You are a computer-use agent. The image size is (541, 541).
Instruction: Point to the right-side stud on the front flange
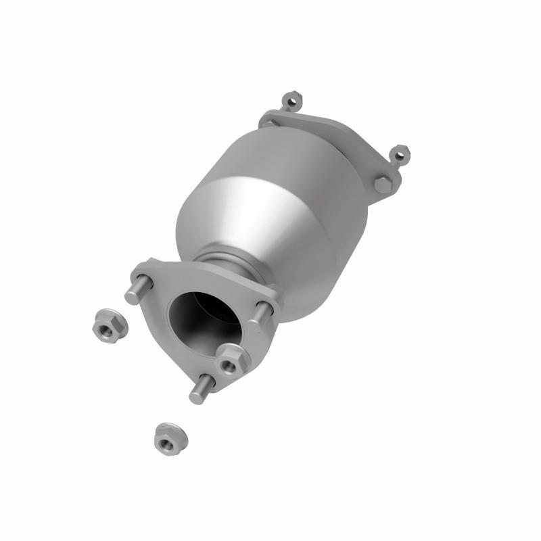(262, 310)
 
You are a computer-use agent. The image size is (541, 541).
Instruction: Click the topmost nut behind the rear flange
(292, 102)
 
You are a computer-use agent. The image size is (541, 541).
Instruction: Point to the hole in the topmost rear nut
(292, 103)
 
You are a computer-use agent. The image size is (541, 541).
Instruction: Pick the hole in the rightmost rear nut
(400, 154)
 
